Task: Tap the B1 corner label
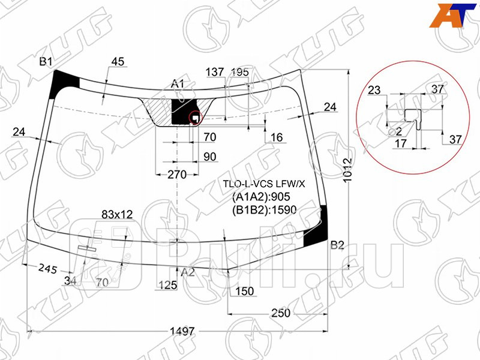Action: pos(46,62)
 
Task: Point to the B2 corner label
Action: pos(337,245)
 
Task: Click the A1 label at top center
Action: pos(178,83)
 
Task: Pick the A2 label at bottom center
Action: pos(188,272)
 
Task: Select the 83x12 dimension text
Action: pos(117,214)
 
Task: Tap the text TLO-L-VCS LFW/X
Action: pos(263,184)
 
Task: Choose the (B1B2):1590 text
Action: pos(265,209)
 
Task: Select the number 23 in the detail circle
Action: pos(374,91)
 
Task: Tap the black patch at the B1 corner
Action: pos(64,80)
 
